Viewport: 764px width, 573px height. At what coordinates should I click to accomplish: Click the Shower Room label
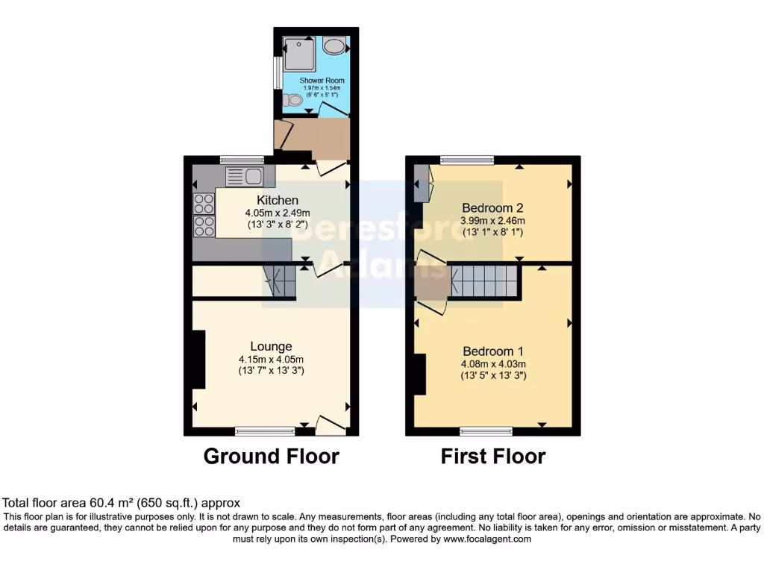click(322, 80)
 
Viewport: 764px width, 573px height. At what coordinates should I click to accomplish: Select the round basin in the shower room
click(335, 47)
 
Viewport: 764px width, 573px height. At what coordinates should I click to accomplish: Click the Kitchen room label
click(278, 200)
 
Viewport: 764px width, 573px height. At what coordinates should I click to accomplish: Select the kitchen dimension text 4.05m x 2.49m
click(277, 213)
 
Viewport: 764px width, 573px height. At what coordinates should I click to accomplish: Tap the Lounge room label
click(271, 346)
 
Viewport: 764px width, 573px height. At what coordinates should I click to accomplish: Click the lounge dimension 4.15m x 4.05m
click(271, 359)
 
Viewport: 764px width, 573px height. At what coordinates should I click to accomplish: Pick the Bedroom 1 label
click(493, 351)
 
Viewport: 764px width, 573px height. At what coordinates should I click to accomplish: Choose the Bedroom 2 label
click(492, 207)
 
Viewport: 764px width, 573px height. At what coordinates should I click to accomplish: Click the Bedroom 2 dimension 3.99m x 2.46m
click(493, 220)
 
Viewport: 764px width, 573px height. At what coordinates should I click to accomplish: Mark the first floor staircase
click(484, 281)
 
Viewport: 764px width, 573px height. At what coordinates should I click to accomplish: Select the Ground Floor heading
click(271, 456)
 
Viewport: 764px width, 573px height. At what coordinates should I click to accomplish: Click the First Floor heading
click(493, 456)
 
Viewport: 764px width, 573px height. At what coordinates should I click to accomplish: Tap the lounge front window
click(265, 430)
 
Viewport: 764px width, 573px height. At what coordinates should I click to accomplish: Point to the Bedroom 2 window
click(467, 160)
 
